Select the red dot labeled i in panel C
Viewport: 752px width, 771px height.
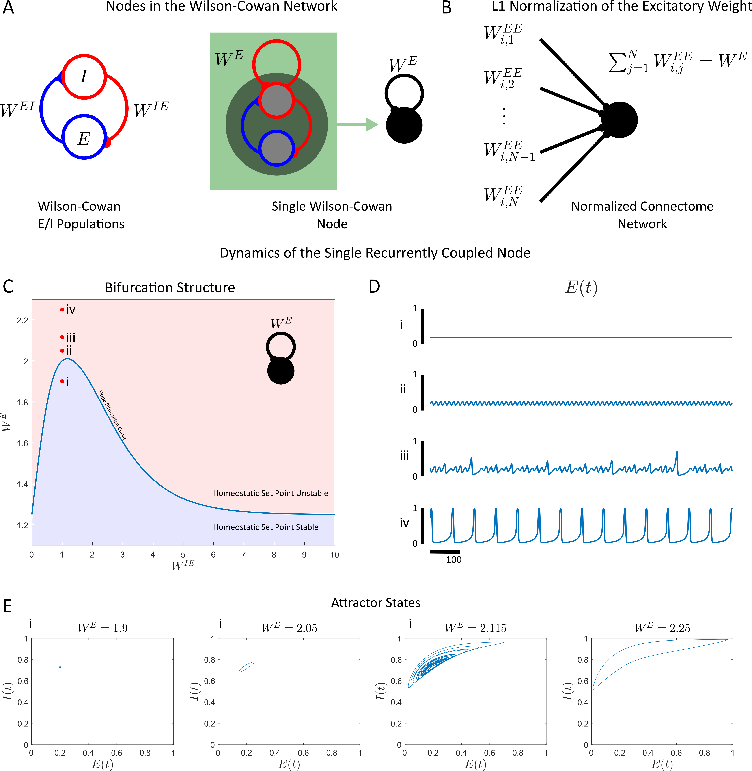62,381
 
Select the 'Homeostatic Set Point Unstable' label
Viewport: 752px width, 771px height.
271,493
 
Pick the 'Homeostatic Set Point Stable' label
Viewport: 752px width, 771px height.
265,527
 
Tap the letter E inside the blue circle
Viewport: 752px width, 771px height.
84,138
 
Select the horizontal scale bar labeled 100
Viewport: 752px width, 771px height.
445,552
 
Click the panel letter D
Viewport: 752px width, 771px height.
374,287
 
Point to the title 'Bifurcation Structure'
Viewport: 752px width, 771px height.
170,288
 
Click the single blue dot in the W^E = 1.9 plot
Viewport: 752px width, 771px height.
60,667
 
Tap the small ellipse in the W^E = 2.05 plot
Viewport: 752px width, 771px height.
246,667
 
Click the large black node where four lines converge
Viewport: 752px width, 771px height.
619,120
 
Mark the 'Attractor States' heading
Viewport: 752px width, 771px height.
376,603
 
